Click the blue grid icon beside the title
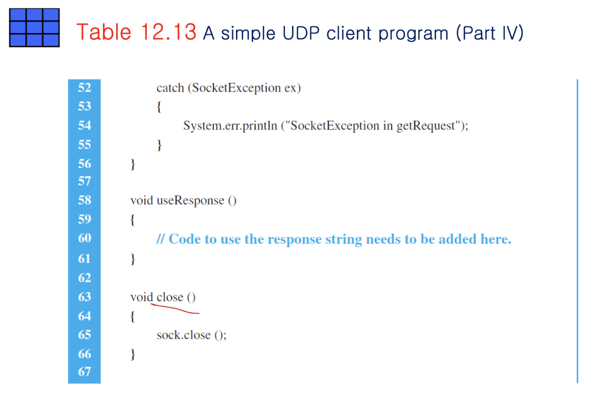(x=34, y=27)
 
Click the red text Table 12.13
(x=137, y=32)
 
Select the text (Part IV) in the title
(x=490, y=33)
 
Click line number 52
(x=84, y=87)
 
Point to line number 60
(x=84, y=238)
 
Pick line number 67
(x=84, y=372)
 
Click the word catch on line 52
(x=170, y=88)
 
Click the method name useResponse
(x=190, y=201)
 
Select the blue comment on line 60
(x=334, y=239)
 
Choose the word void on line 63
(x=141, y=297)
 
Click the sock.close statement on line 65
(x=191, y=335)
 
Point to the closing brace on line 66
(x=133, y=354)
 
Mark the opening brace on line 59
(x=133, y=220)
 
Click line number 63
(x=84, y=297)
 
